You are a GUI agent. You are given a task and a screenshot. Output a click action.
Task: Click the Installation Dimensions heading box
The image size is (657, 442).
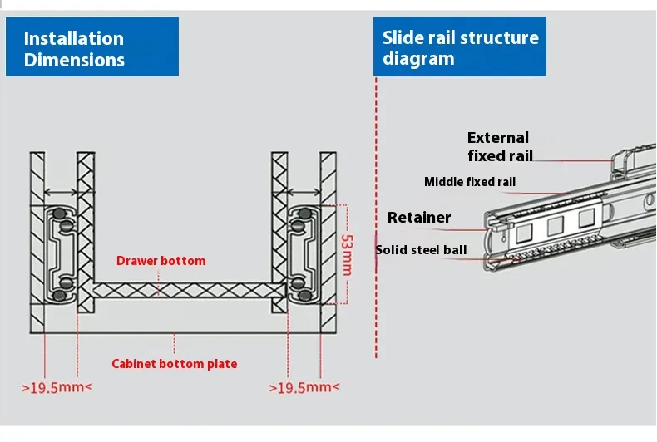91,49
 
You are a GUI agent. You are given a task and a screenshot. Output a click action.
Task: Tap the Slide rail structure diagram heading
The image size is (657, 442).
460,48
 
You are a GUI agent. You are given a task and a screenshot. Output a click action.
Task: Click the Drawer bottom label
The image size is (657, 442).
161,261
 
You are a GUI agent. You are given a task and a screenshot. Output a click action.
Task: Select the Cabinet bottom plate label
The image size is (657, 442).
175,364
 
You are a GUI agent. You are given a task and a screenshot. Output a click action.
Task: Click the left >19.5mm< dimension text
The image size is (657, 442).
57,387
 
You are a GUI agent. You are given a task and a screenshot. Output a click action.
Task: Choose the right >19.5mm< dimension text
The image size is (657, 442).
304,387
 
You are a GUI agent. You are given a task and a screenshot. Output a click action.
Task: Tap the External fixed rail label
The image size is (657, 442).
499,146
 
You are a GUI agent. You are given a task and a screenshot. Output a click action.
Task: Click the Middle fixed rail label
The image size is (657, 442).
470,182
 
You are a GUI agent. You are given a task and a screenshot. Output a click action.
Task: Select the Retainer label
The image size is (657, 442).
419,218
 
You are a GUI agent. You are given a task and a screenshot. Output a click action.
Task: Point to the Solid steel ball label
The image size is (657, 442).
421,249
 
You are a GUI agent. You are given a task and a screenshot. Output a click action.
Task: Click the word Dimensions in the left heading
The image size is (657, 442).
74,60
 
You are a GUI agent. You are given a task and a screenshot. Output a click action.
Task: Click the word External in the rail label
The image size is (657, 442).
498,138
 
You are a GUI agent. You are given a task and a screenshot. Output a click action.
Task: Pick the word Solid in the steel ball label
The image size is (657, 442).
390,249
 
